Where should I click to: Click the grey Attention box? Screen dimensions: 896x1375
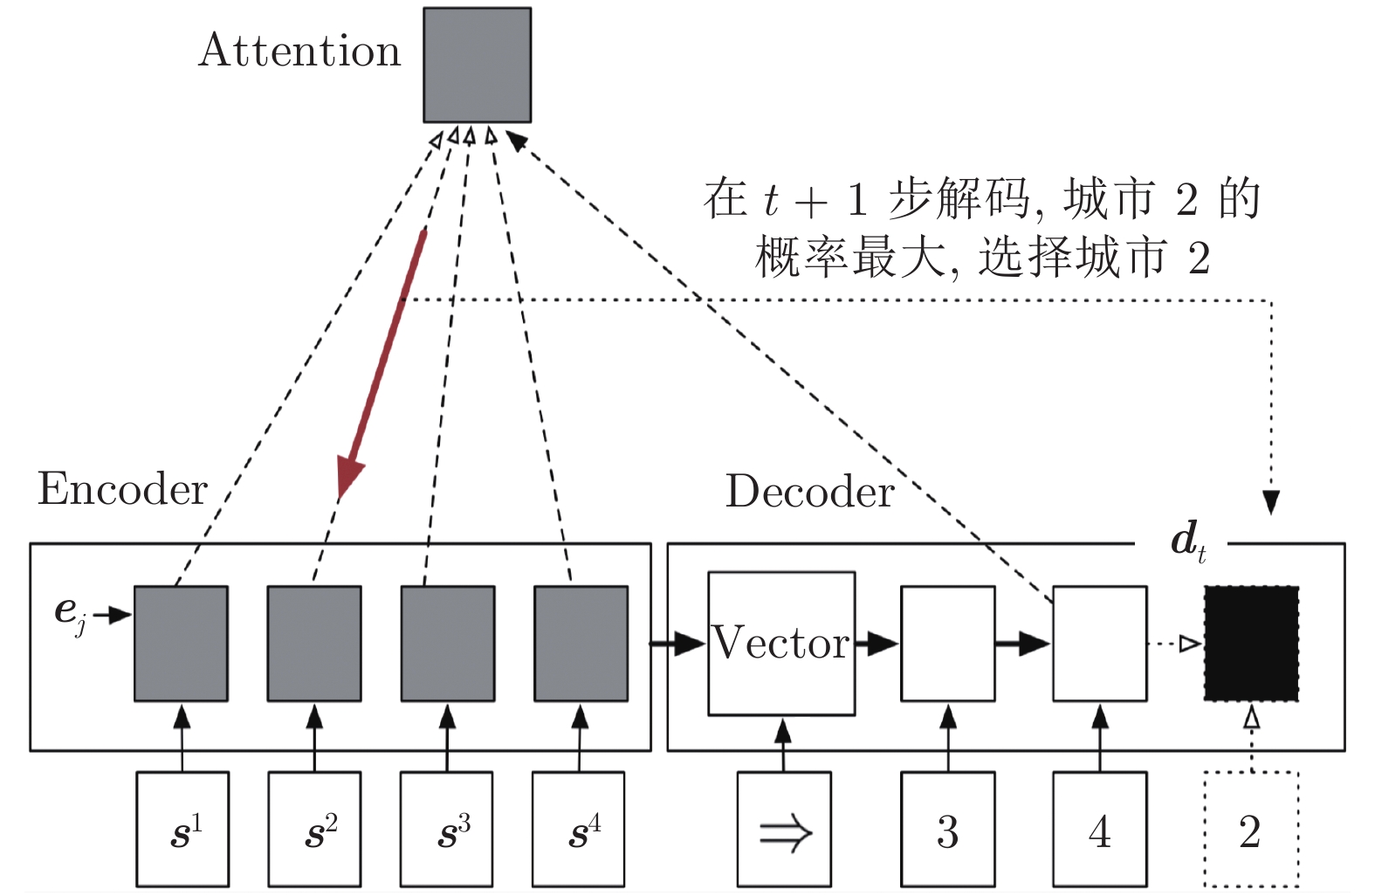pos(477,65)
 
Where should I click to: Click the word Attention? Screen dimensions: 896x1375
pos(299,51)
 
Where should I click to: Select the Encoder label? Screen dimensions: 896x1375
pos(122,489)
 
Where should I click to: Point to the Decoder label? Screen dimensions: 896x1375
pos(809,492)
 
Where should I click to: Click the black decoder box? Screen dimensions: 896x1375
pos(1251,644)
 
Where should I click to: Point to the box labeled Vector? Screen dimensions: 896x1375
pos(781,644)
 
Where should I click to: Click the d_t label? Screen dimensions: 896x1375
pos(1188,541)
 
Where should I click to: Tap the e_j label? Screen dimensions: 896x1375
pos(70,611)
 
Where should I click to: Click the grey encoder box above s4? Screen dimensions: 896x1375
pos(581,644)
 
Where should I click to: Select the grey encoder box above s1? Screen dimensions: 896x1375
pos(181,644)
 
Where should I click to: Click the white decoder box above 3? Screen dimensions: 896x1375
pos(947,644)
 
